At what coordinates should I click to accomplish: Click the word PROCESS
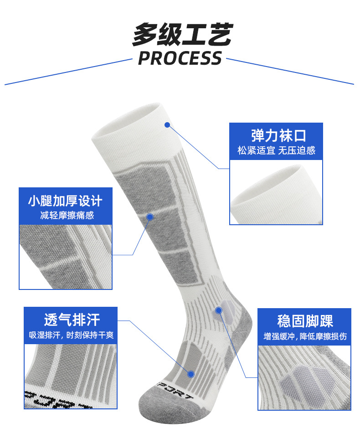(x=180, y=58)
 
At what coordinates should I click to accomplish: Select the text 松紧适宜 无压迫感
(x=276, y=150)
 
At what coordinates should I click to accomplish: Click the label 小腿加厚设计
(x=65, y=201)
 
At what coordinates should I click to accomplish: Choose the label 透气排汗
(x=72, y=319)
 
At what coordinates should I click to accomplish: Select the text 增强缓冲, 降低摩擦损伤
(x=305, y=337)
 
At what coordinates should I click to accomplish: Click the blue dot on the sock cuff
(x=167, y=124)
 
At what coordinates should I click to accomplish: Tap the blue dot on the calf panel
(x=150, y=217)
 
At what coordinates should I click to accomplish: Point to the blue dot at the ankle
(x=218, y=310)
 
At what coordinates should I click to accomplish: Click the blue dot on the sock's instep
(x=191, y=374)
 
